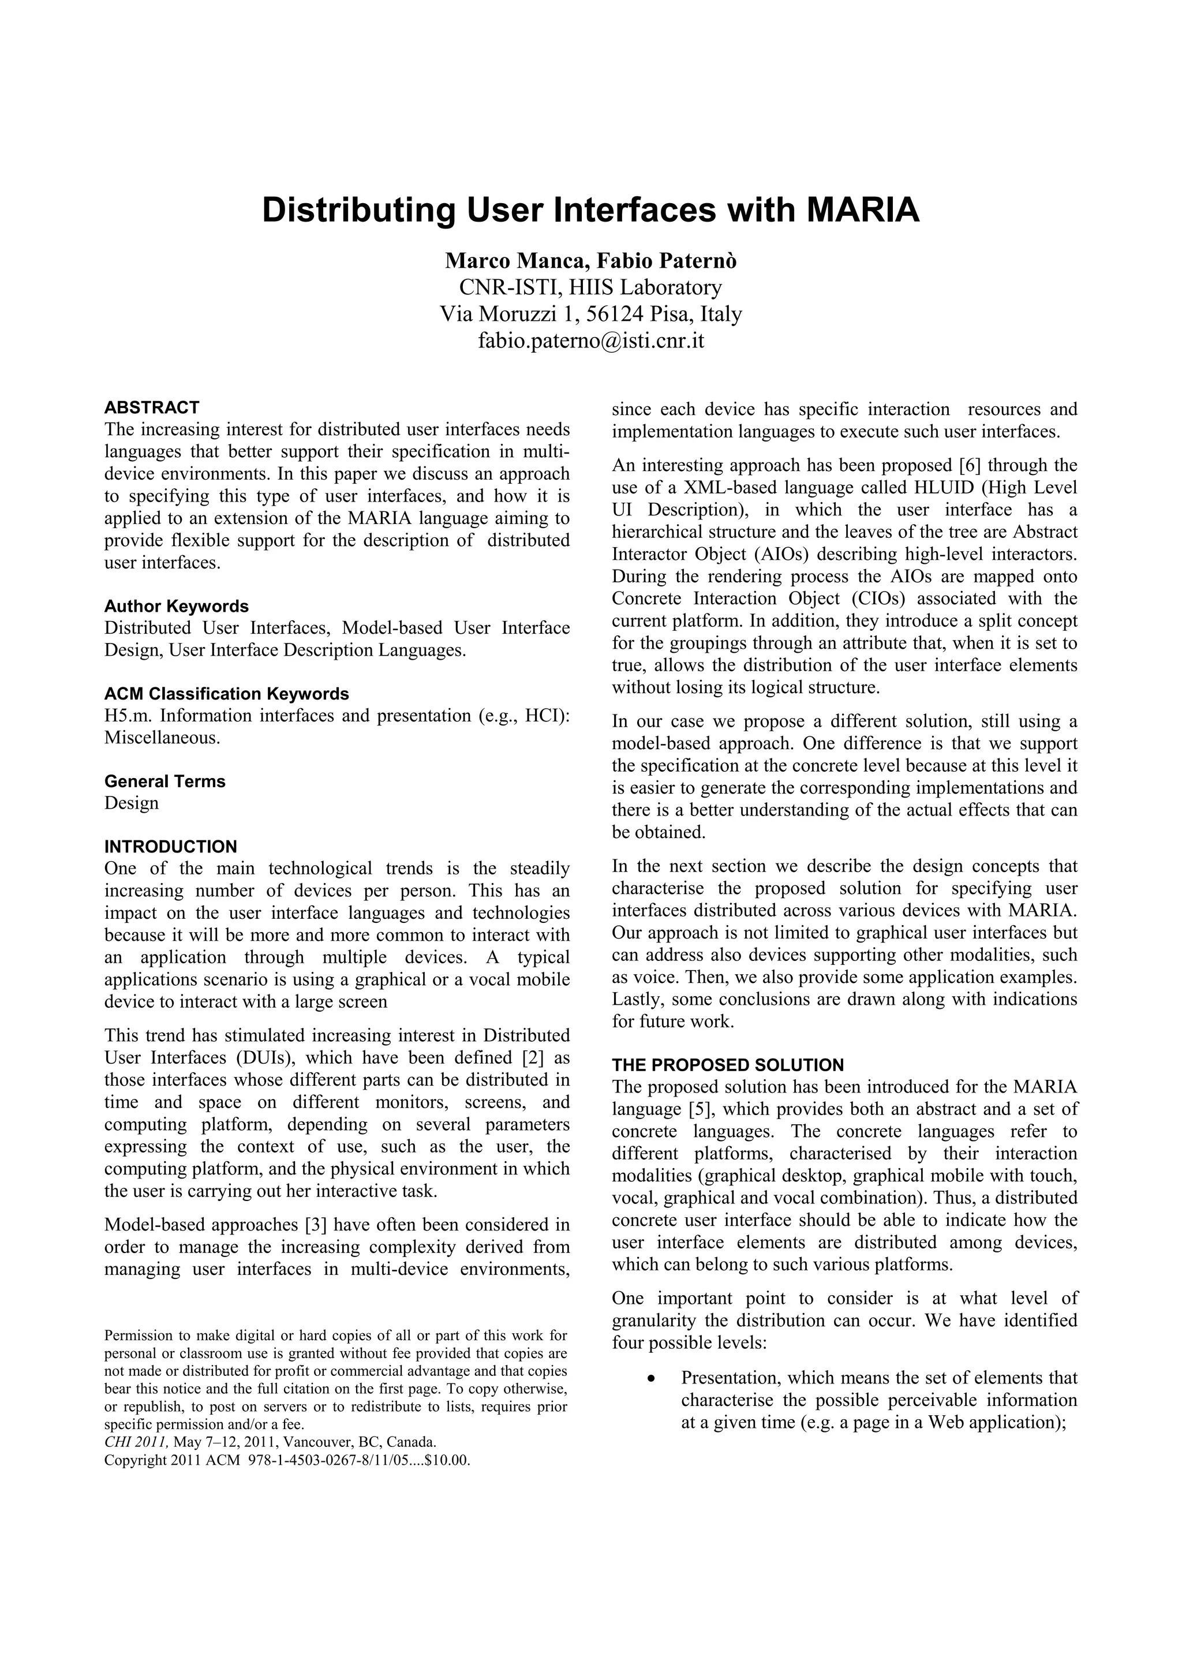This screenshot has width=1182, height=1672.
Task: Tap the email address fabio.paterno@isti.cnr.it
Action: point(590,341)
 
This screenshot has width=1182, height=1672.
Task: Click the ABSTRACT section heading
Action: point(151,407)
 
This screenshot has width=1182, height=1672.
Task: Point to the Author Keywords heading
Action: point(176,606)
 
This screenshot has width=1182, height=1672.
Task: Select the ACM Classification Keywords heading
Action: point(226,693)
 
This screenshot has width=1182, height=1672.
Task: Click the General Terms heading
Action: point(164,781)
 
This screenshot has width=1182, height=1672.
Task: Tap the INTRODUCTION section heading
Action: point(170,847)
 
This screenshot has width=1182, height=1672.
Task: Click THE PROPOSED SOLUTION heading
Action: point(728,1065)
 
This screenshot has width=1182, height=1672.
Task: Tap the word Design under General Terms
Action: point(131,803)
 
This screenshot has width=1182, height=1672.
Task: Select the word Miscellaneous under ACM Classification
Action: point(161,738)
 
